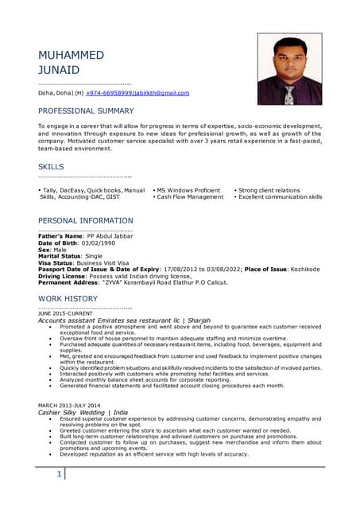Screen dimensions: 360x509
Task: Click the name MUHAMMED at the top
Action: click(x=71, y=55)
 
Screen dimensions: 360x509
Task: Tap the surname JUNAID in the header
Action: click(x=60, y=70)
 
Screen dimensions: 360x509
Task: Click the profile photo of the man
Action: click(x=289, y=69)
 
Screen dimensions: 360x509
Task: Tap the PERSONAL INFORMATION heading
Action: click(x=86, y=220)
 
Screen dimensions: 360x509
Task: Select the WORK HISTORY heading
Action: click(x=68, y=298)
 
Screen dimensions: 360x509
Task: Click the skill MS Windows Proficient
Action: click(x=188, y=190)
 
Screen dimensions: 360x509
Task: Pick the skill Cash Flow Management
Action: click(x=190, y=196)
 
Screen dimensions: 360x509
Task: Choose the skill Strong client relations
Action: click(x=269, y=190)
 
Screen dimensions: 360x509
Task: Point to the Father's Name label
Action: click(x=60, y=236)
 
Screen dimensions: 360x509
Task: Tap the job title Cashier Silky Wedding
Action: click(x=74, y=414)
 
